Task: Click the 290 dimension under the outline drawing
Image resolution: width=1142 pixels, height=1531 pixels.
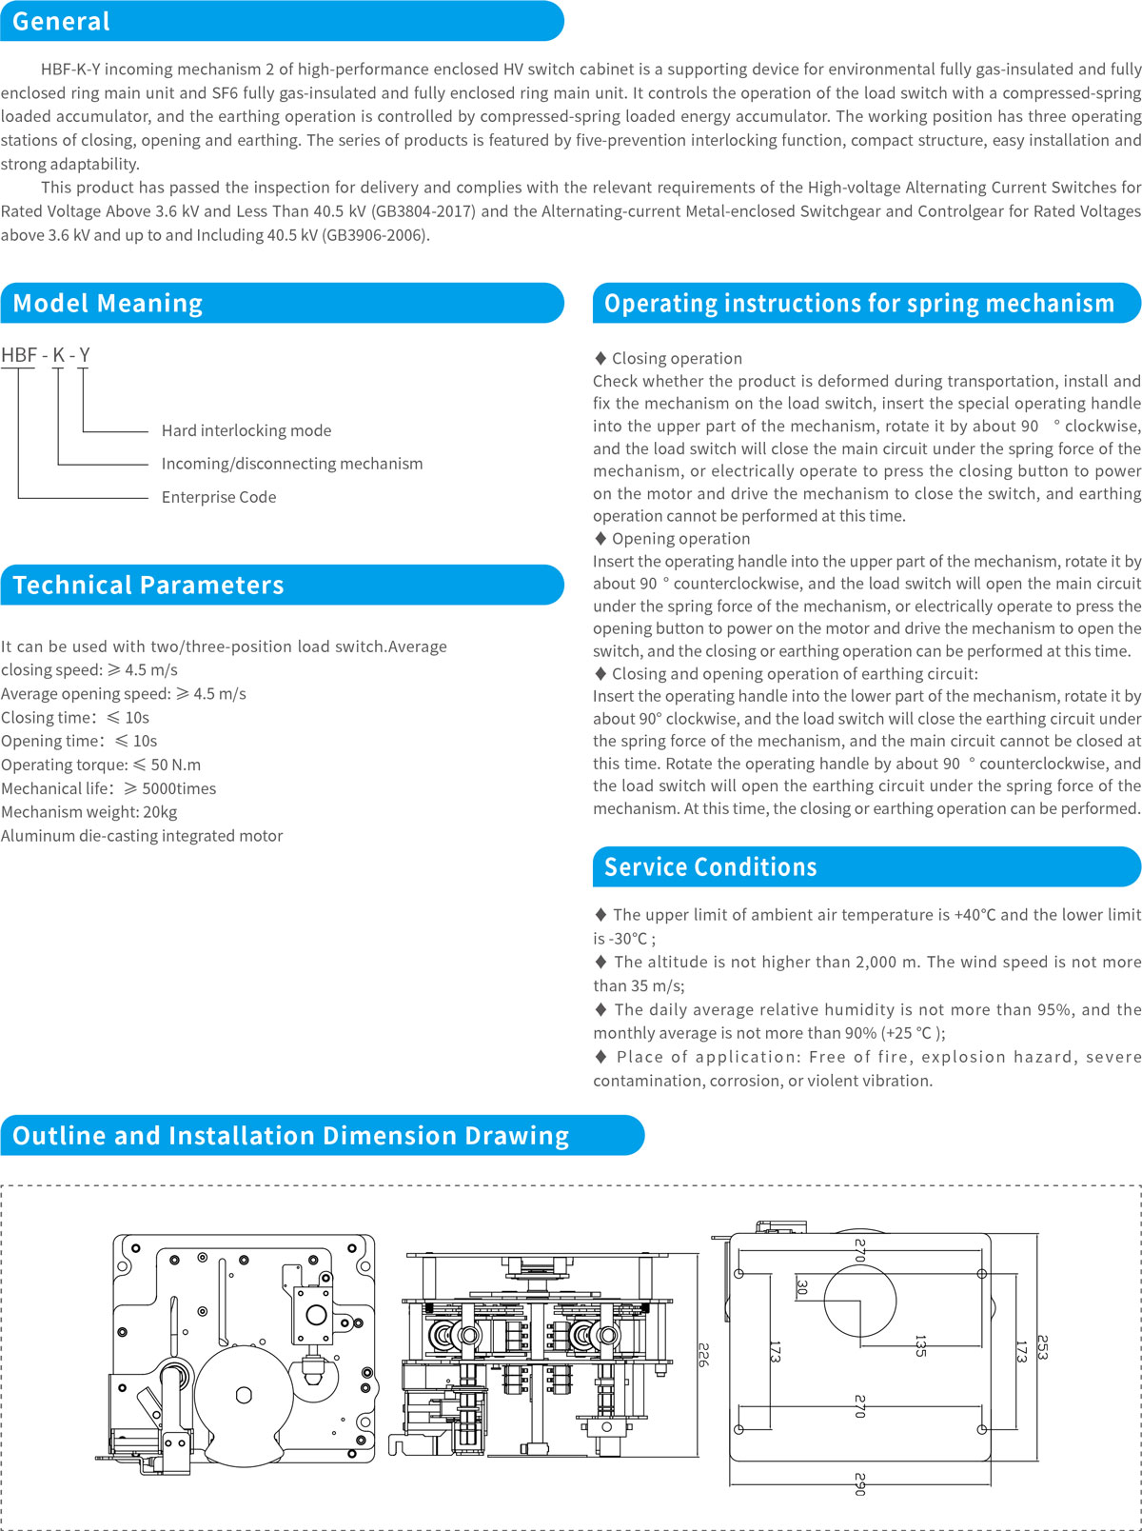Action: [x=859, y=1484]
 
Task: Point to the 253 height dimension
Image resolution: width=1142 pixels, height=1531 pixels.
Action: [x=1042, y=1347]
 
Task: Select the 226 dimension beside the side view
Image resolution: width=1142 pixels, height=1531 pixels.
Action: [x=703, y=1354]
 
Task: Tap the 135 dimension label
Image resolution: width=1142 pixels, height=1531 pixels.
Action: [x=919, y=1345]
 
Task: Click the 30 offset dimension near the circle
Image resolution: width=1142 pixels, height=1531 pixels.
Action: [x=801, y=1287]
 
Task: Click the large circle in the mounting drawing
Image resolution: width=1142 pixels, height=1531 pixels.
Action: [x=859, y=1302]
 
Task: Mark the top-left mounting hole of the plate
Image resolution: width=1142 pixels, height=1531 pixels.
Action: [x=739, y=1274]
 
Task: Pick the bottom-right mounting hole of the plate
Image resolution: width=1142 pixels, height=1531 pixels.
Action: [x=981, y=1429]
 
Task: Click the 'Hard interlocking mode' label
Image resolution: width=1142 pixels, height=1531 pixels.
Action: [x=246, y=430]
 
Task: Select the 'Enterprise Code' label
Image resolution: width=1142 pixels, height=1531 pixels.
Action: [x=219, y=497]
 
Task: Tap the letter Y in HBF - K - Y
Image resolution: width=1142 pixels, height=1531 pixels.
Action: [x=84, y=355]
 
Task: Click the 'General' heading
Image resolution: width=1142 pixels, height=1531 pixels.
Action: [x=61, y=21]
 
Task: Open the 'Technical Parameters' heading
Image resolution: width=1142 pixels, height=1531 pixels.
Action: [x=148, y=585]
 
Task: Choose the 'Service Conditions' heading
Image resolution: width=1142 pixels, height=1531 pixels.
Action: [x=710, y=866]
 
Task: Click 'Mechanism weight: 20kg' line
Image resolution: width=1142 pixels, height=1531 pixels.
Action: [x=89, y=812]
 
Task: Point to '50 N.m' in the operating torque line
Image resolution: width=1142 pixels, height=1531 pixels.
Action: [x=176, y=765]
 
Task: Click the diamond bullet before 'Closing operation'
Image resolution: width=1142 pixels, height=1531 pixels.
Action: [x=600, y=358]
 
